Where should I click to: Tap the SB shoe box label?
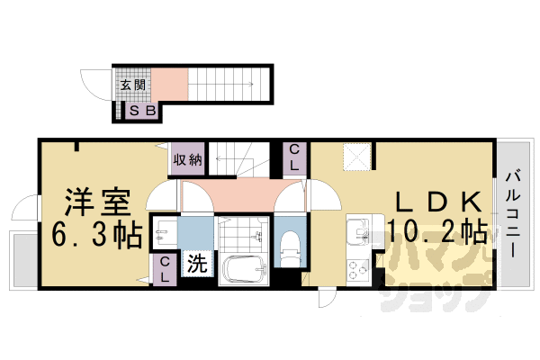click(x=142, y=112)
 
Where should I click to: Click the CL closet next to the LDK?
click(x=295, y=158)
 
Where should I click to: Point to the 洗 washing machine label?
click(x=195, y=265)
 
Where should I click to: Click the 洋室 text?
click(x=96, y=198)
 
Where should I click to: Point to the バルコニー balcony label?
click(x=512, y=214)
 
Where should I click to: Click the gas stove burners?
click(x=358, y=268)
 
